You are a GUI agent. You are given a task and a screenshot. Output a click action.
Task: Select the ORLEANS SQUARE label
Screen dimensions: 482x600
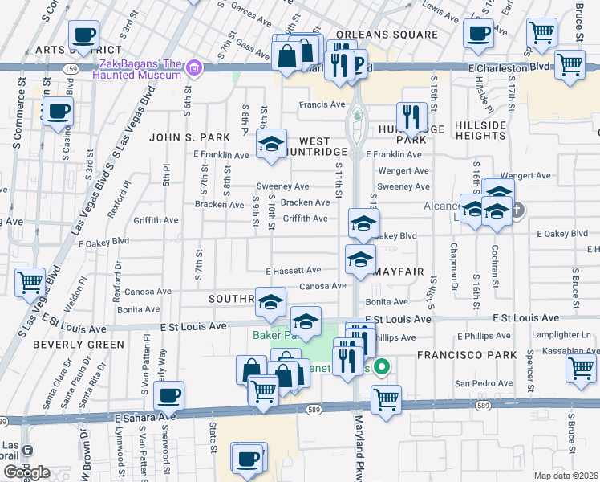click(x=387, y=35)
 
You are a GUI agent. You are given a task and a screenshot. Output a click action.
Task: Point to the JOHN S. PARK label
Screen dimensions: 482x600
click(x=184, y=137)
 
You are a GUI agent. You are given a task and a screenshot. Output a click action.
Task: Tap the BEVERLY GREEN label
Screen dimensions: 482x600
click(x=79, y=345)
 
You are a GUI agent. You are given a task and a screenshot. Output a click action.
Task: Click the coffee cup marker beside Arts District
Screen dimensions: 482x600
click(x=83, y=35)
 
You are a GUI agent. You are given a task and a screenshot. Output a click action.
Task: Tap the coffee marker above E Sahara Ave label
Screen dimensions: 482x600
click(x=169, y=396)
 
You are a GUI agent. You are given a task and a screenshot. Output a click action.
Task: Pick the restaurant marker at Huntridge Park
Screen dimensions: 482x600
click(x=411, y=118)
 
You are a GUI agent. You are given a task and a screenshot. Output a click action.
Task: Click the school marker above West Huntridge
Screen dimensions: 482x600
click(x=272, y=145)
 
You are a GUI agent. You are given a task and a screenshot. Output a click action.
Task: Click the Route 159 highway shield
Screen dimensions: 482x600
click(x=71, y=70)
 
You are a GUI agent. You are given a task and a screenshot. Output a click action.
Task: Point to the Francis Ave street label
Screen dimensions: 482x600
click(x=321, y=104)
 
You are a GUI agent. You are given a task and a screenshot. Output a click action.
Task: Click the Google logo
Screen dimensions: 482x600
click(x=26, y=472)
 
